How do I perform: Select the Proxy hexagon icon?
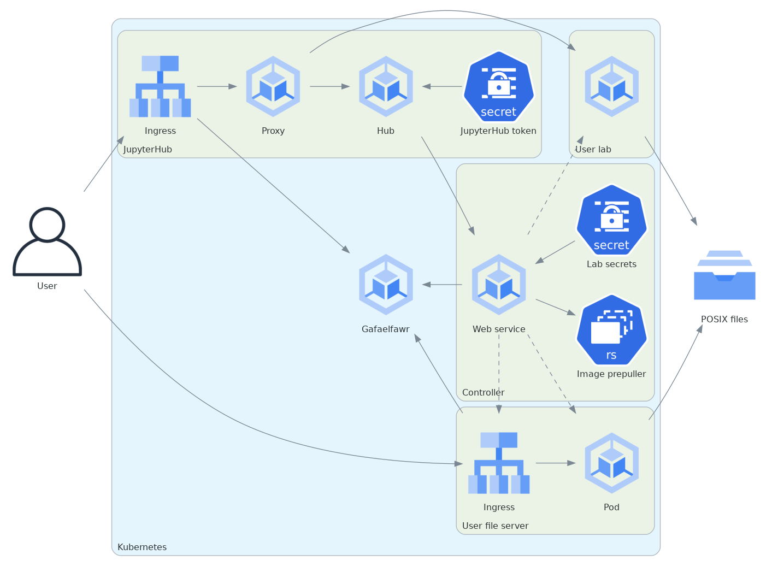click(x=273, y=86)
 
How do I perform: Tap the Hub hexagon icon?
click(x=386, y=86)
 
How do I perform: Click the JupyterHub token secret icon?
click(x=498, y=86)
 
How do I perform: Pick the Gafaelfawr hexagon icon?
click(x=386, y=285)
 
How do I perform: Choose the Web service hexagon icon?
click(x=499, y=285)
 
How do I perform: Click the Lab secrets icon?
click(x=611, y=220)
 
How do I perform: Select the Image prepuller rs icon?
click(x=611, y=330)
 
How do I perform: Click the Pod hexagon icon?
click(x=611, y=463)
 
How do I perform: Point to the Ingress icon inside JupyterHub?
click(x=160, y=86)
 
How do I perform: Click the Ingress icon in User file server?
click(x=499, y=463)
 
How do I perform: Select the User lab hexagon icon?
click(x=611, y=86)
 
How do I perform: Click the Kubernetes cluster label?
click(x=142, y=547)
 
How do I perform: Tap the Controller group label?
click(x=483, y=392)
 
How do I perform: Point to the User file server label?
click(x=495, y=526)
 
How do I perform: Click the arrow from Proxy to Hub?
click(x=329, y=86)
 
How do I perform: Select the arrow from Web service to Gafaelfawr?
click(x=442, y=285)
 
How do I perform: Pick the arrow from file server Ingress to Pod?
click(x=555, y=463)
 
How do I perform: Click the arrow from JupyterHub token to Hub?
click(x=442, y=86)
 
